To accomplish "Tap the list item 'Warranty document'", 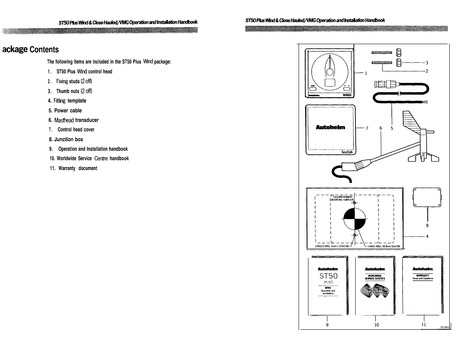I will coord(74,168).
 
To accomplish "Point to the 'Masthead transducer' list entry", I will coord(74,120).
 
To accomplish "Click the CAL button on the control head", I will coord(313,88).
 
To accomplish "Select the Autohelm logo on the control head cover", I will coord(330,128).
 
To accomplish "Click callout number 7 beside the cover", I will coord(367,128).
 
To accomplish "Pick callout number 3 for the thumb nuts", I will coord(427,63).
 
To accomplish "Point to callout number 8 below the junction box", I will coord(427,225).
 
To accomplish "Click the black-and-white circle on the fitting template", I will coord(355,219).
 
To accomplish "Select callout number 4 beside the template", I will coord(427,236).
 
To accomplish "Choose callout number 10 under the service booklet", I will coord(376,325).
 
